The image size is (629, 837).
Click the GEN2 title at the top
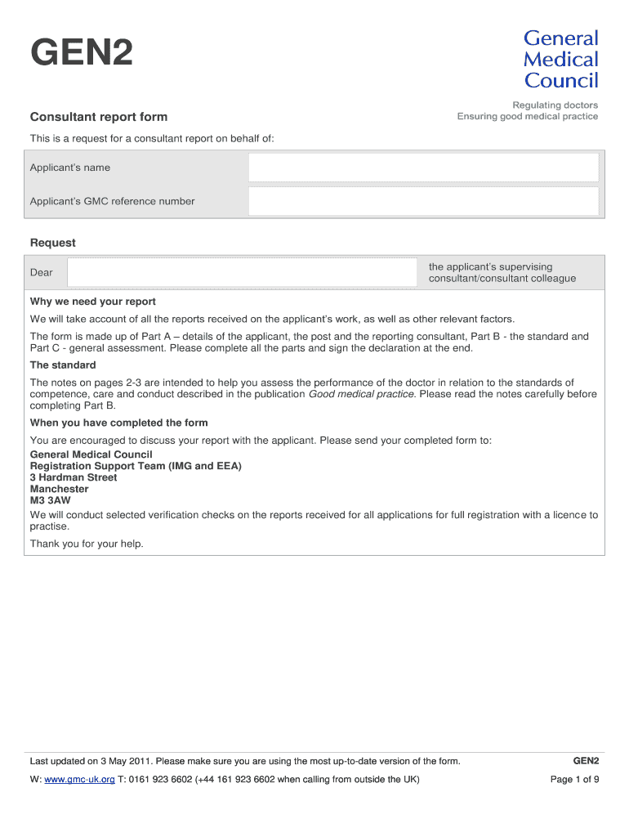[x=81, y=56]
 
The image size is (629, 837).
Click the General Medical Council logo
[x=560, y=59]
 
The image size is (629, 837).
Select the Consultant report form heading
[x=98, y=117]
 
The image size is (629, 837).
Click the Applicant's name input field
[x=423, y=168]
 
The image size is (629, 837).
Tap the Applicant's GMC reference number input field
[x=423, y=201]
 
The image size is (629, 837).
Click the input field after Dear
[x=241, y=273]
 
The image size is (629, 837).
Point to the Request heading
[x=52, y=243]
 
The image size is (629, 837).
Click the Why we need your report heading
[x=92, y=302]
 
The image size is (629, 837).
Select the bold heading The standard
[x=63, y=365]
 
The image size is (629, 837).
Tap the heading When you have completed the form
[x=118, y=423]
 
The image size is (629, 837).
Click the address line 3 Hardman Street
[x=74, y=477]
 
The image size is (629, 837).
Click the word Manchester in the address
[x=59, y=489]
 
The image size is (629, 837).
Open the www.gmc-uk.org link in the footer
[x=79, y=780]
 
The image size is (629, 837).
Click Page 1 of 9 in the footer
[x=575, y=780]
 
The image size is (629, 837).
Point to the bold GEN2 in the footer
[x=586, y=761]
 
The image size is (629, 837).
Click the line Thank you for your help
[x=87, y=544]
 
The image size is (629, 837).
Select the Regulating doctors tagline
[x=555, y=105]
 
